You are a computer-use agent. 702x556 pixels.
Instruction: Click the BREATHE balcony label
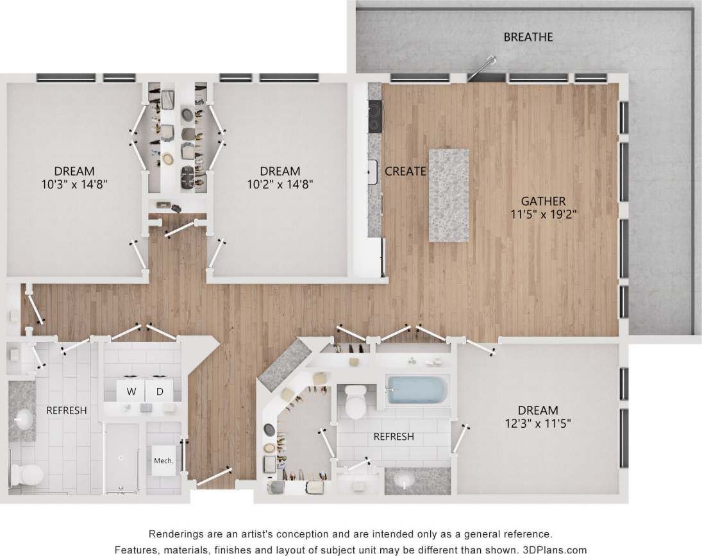[528, 37]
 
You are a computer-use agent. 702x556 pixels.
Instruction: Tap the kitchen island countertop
[448, 195]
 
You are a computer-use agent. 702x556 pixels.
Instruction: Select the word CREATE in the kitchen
[405, 171]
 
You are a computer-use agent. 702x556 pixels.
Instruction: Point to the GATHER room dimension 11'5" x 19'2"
[540, 215]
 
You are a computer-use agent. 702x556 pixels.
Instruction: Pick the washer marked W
[131, 391]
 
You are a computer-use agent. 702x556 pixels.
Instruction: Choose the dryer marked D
[160, 391]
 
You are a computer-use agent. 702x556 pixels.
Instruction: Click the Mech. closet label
[163, 460]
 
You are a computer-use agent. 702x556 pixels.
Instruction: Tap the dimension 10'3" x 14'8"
[74, 184]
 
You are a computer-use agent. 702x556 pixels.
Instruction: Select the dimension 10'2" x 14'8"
[280, 184]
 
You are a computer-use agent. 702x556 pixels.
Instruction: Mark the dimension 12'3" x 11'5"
[538, 423]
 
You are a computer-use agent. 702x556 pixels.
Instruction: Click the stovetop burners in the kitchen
[374, 112]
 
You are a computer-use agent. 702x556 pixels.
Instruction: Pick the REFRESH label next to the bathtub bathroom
[393, 437]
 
